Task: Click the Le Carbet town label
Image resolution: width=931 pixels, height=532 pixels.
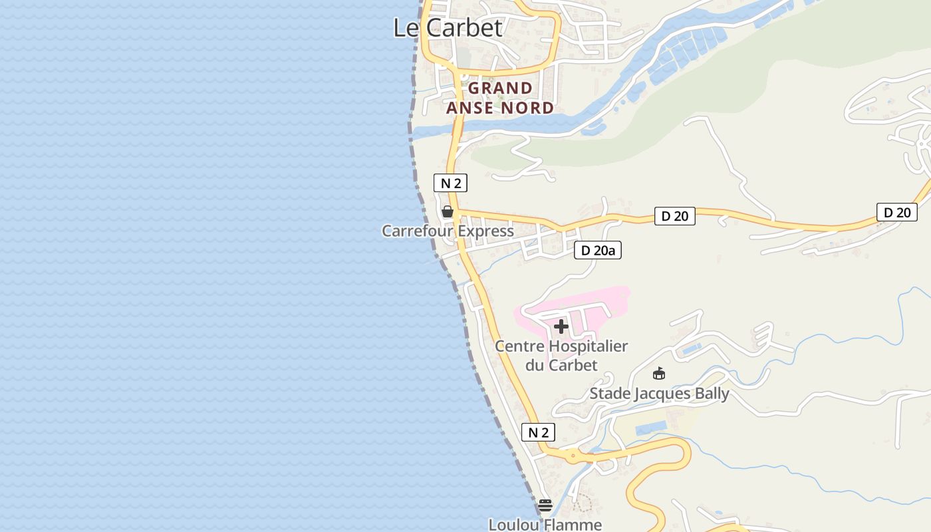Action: (x=448, y=28)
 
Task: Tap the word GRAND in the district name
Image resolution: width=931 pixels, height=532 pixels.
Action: (x=500, y=88)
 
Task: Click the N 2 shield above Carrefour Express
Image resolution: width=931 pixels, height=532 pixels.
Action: (x=450, y=183)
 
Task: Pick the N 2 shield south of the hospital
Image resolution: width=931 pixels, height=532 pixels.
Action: (x=538, y=432)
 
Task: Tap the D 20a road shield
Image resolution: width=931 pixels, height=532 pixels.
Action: (x=597, y=250)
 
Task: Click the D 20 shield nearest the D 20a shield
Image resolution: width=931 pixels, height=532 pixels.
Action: (x=674, y=215)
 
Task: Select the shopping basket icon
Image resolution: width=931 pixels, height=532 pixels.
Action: (x=448, y=211)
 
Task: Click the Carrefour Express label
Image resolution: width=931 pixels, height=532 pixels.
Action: (x=448, y=231)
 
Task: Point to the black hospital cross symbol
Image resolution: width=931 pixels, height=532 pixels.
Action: (x=561, y=327)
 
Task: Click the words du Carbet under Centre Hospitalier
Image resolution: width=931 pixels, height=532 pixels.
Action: (x=561, y=365)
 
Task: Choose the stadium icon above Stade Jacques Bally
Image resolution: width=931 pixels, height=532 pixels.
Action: (x=659, y=373)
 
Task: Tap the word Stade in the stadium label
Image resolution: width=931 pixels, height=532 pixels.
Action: (x=609, y=394)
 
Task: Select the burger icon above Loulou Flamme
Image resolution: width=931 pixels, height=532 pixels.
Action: (x=545, y=505)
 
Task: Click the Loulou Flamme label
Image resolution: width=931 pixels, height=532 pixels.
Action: (x=545, y=525)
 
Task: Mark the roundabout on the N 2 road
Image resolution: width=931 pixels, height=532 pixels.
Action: (x=573, y=457)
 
